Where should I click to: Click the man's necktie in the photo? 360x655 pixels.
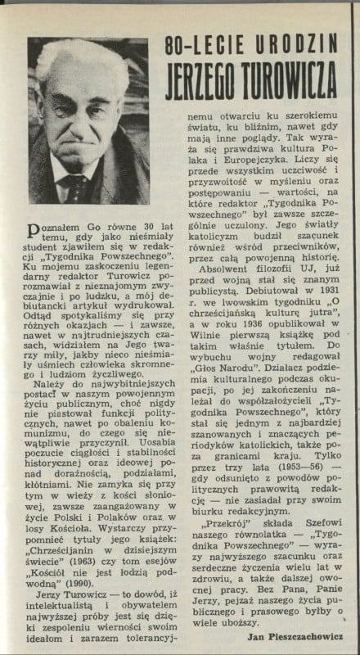(x=79, y=190)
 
